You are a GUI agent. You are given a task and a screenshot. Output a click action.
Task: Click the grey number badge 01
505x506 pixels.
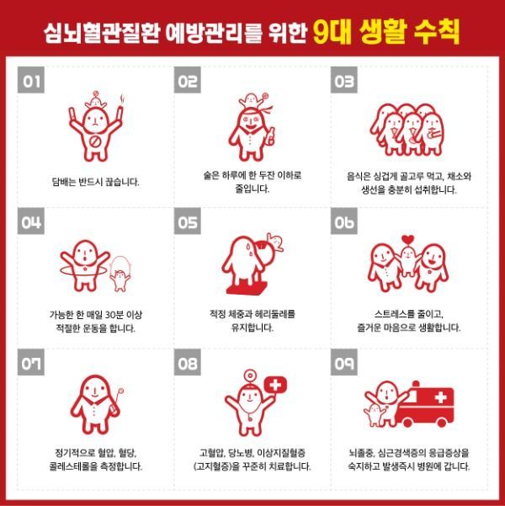pos(31,80)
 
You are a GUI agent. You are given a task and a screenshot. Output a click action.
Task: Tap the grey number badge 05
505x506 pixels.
pos(188,221)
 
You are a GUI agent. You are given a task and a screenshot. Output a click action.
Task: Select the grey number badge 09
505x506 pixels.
pos(344,362)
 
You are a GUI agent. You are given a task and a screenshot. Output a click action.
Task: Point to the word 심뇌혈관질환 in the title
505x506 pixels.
pos(102,32)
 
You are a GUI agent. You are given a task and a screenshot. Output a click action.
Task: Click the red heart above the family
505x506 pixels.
pos(408,239)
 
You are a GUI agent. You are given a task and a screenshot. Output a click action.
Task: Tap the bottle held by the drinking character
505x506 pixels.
pos(271,137)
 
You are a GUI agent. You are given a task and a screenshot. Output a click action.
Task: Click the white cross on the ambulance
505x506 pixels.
pos(440,397)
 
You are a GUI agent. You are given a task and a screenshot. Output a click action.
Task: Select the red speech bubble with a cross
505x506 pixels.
pos(275,386)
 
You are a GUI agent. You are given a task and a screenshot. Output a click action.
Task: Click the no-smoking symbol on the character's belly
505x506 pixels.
pos(95,141)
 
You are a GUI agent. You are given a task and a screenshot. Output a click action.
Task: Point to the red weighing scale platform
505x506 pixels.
pos(247,288)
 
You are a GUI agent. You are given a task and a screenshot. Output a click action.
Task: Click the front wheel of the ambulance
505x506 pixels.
pos(407,422)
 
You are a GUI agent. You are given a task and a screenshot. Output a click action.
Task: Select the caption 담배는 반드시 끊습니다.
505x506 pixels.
pos(95,182)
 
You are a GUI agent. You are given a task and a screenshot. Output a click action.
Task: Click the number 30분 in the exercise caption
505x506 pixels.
pos(114,314)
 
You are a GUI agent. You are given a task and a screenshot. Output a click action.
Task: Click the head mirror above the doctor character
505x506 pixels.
pos(249,376)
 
